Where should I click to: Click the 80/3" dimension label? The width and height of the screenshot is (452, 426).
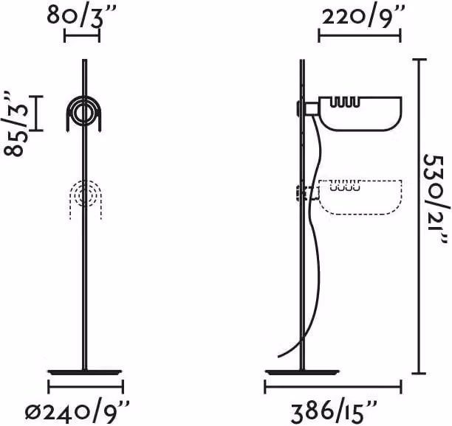pos(81,15)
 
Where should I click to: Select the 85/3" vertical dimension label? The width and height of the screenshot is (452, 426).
pos(16,124)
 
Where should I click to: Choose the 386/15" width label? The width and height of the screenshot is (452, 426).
pos(334,413)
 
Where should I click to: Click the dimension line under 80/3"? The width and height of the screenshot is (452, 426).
pos(82,35)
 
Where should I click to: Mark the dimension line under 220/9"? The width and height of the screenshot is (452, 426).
pos(360,35)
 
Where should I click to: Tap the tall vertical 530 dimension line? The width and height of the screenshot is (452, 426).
pos(420,216)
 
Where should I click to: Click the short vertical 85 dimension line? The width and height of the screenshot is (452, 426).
pos(36,114)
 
